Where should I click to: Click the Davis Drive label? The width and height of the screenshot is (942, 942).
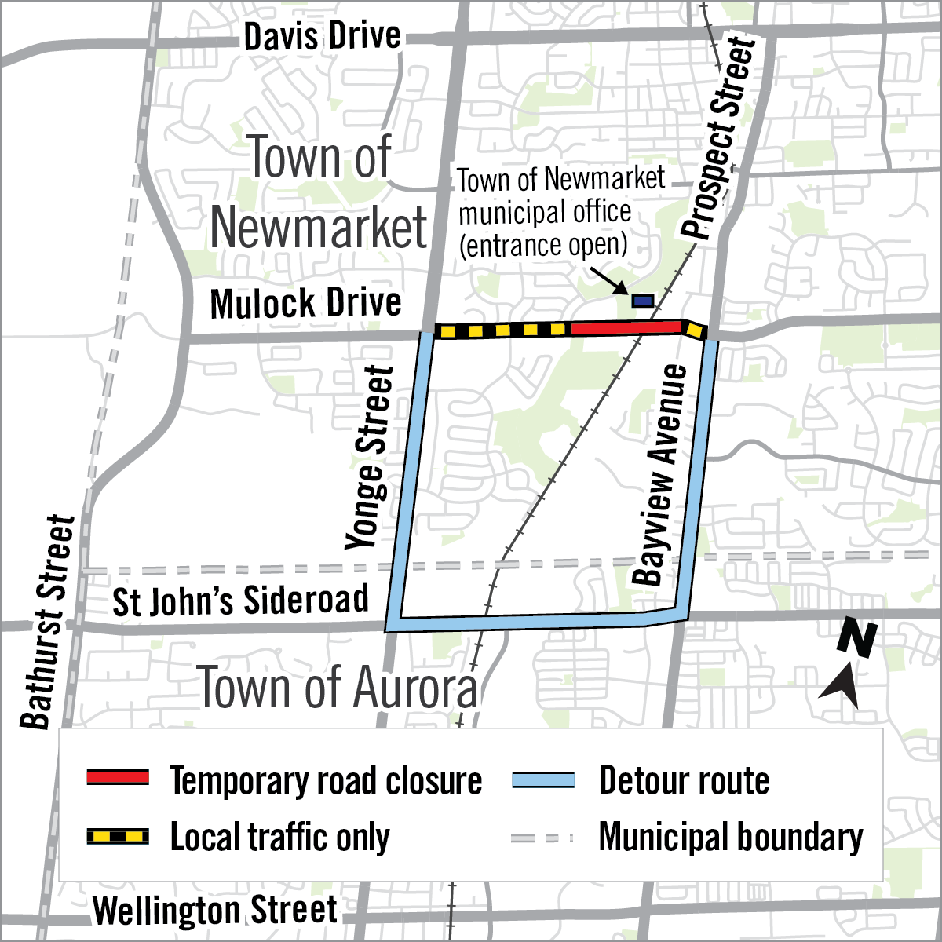click(322, 37)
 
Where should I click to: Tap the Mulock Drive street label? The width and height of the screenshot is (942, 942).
click(305, 304)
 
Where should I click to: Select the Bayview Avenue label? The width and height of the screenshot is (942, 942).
click(659, 476)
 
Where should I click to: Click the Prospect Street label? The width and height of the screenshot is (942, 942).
click(719, 138)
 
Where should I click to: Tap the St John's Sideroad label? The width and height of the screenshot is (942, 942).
click(240, 601)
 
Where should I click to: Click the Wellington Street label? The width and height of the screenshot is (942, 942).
click(215, 911)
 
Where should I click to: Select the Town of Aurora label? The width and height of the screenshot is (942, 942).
click(337, 687)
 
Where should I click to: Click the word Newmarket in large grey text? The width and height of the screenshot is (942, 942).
click(319, 228)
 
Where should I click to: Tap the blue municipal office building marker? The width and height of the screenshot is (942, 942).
click(643, 300)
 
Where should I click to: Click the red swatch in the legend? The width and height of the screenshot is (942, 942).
click(117, 777)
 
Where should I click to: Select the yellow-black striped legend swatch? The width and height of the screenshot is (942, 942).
click(117, 836)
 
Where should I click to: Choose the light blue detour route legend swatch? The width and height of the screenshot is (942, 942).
click(542, 780)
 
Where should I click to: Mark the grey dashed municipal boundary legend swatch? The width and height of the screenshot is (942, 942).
click(542, 838)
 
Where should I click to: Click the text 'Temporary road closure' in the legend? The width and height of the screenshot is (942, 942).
click(326, 780)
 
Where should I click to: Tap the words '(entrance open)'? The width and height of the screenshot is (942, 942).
click(543, 246)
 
